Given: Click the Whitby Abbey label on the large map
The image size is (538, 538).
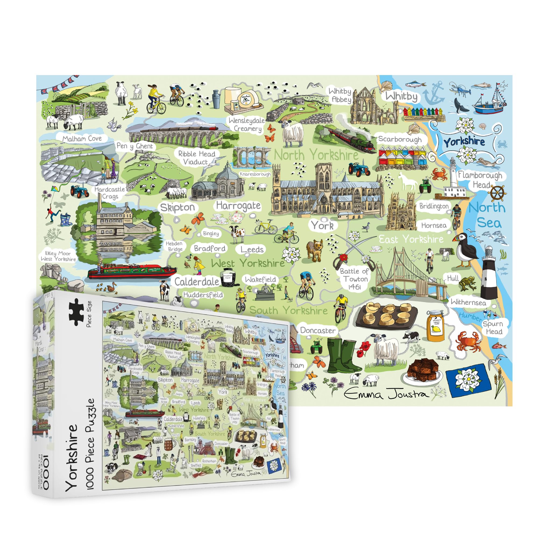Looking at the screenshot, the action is (x=340, y=95).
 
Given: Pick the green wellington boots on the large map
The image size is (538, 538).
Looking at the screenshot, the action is (x=342, y=355).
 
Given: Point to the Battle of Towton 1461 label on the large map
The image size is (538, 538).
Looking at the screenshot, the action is (x=354, y=279).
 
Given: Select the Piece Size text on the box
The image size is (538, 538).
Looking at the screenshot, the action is (x=89, y=314).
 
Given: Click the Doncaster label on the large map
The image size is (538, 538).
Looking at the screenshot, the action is (x=317, y=331).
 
